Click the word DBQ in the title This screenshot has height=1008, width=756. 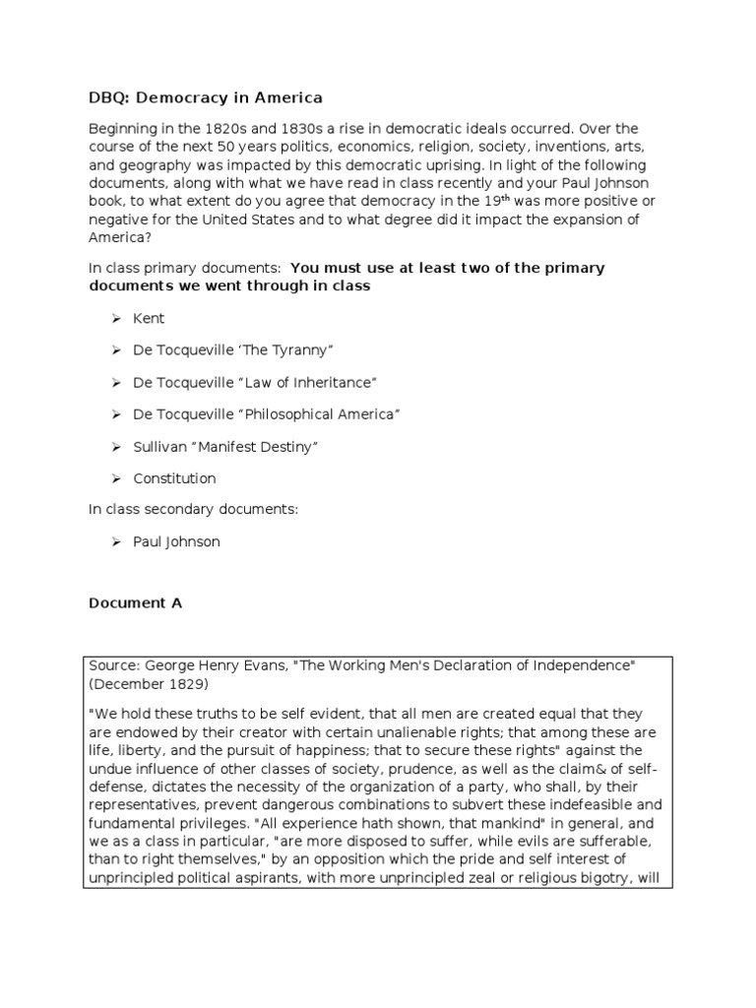click(108, 98)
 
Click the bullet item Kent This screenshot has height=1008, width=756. click(149, 319)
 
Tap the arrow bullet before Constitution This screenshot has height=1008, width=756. click(114, 478)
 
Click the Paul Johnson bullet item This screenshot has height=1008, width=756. click(176, 541)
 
